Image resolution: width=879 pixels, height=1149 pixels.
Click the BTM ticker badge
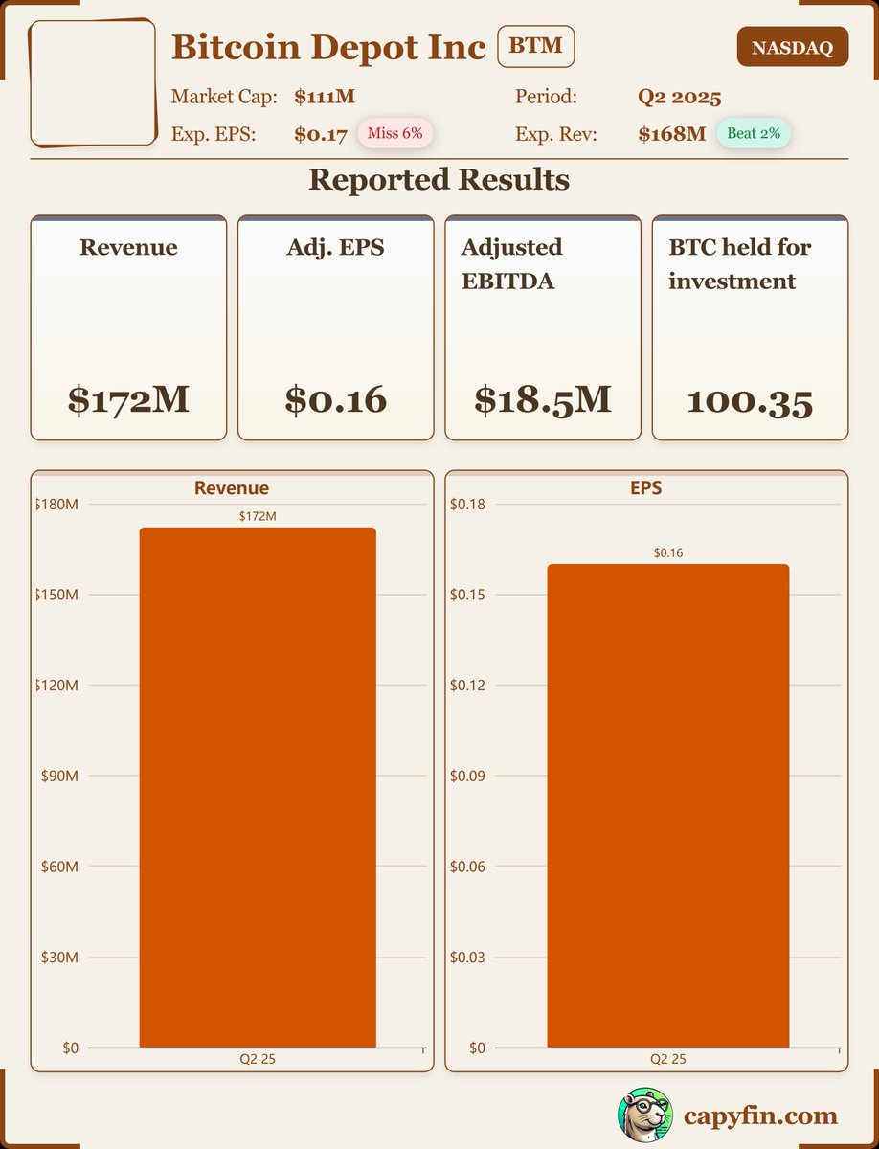point(535,47)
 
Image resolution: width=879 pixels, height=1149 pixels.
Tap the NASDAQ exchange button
point(792,48)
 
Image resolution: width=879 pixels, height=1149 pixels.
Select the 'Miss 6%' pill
point(394,134)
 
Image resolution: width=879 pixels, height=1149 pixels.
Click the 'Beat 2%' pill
point(754,134)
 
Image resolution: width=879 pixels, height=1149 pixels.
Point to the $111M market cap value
point(318,97)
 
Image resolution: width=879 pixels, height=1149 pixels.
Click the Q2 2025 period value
point(679,97)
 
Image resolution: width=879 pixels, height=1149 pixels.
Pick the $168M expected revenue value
point(671,134)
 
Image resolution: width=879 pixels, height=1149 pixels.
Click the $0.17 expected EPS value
point(321,135)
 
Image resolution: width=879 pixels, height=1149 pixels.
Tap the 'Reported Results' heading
point(439,180)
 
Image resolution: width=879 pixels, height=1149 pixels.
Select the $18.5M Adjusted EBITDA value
point(543,399)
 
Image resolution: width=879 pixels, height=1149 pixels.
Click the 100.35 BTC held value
point(750,401)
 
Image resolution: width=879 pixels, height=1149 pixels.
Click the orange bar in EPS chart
point(667,805)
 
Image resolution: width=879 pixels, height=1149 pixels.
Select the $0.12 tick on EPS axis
point(468,686)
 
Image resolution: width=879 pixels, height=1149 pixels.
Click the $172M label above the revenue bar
point(258,516)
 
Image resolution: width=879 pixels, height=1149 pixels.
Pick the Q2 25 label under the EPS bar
point(668,1059)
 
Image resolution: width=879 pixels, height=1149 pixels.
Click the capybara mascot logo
point(644,1115)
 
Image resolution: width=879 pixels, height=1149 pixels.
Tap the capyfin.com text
point(760,1115)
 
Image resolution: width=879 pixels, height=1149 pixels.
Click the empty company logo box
point(93,82)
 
